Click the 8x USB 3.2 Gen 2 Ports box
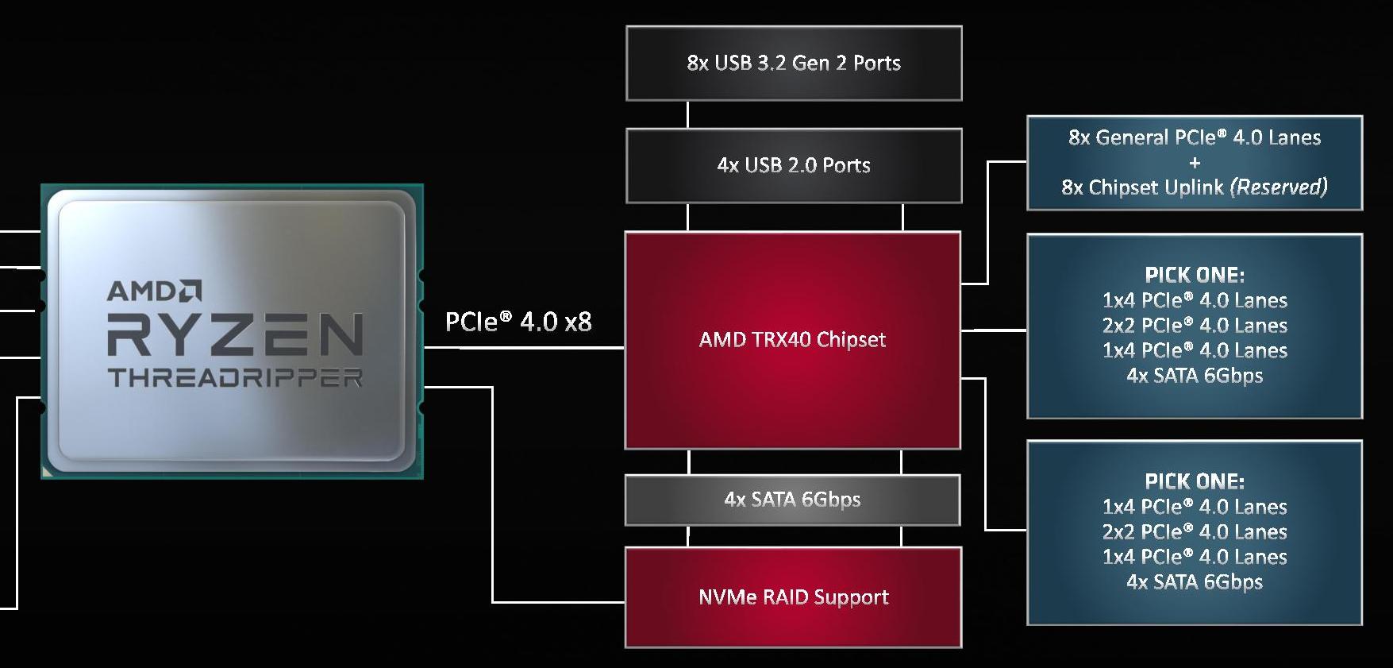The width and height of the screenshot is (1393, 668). pyautogui.click(x=794, y=64)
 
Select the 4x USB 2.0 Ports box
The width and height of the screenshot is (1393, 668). pyautogui.click(x=794, y=165)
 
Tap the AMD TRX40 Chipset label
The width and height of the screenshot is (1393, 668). pyautogui.click(x=792, y=340)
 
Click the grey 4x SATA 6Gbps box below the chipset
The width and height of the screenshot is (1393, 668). pyautogui.click(x=792, y=500)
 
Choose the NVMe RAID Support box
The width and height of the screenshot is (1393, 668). pyautogui.click(x=793, y=597)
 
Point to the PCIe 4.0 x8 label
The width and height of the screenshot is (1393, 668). pyautogui.click(x=518, y=322)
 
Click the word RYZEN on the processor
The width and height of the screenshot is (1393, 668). pyautogui.click(x=236, y=334)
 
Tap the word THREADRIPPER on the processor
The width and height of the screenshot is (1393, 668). pyautogui.click(x=236, y=377)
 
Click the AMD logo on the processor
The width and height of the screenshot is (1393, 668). pyautogui.click(x=155, y=291)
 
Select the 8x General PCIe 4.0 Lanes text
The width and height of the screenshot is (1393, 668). pyautogui.click(x=1195, y=137)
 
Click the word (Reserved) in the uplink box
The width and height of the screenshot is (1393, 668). pyautogui.click(x=1278, y=187)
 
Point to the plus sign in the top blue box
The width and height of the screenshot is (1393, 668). pyautogui.click(x=1195, y=163)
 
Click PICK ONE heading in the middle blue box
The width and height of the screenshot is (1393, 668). pyautogui.click(x=1195, y=275)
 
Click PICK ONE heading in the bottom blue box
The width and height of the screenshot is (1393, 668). pyautogui.click(x=1195, y=481)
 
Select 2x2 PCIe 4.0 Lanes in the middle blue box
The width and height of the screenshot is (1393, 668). pyautogui.click(x=1195, y=326)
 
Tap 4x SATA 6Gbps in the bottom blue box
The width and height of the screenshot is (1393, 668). pyautogui.click(x=1195, y=582)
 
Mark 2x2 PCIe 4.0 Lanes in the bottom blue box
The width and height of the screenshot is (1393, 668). pyautogui.click(x=1195, y=532)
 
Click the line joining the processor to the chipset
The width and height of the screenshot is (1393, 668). pyautogui.click(x=524, y=348)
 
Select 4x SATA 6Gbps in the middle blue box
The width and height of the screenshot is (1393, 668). pyautogui.click(x=1195, y=376)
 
